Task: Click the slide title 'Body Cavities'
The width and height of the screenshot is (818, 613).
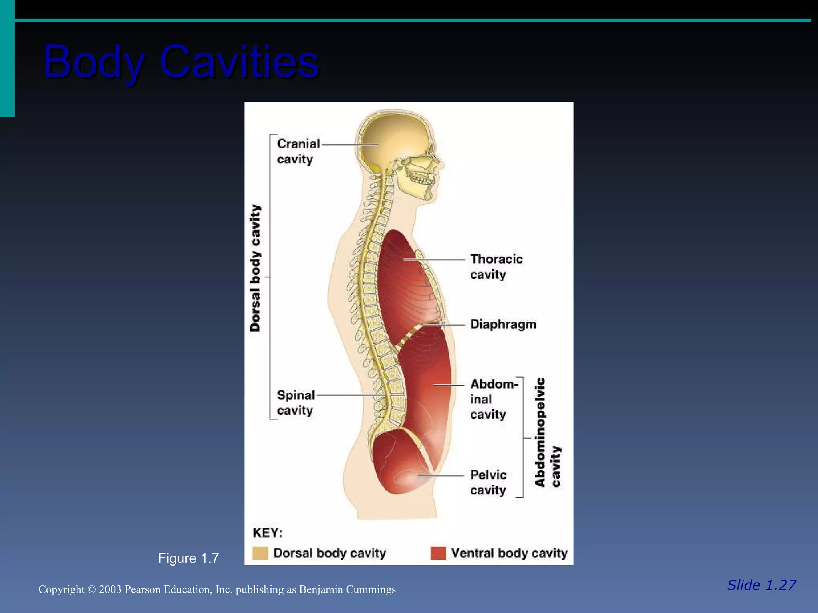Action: [181, 62]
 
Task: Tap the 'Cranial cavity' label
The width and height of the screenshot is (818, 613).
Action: [298, 151]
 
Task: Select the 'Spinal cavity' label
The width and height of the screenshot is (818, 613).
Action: [296, 403]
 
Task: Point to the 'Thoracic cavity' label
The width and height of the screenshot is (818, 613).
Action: [496, 267]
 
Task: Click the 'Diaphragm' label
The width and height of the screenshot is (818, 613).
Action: [503, 324]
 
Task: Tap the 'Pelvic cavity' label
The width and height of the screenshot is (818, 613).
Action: [488, 482]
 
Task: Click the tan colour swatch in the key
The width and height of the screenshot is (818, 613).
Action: [260, 553]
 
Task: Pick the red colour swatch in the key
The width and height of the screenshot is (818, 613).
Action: [438, 553]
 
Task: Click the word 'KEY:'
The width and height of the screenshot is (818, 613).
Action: [268, 533]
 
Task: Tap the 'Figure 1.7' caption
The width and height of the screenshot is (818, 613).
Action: [188, 558]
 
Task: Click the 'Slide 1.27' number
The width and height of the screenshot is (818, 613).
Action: [761, 585]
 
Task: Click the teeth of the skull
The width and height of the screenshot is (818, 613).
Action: [423, 180]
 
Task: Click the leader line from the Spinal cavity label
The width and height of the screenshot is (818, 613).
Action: [347, 395]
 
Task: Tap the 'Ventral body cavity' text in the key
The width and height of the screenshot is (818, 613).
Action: [509, 553]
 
